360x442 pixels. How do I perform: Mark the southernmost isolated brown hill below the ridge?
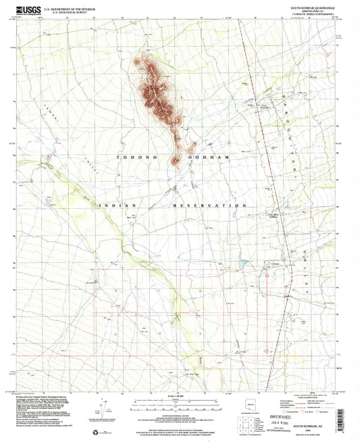click(x=176, y=160)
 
